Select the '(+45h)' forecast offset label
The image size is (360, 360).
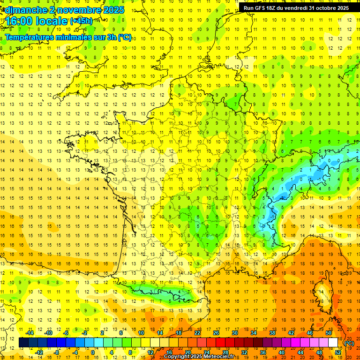point(81,21)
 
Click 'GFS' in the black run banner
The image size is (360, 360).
point(263,8)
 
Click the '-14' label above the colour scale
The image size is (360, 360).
point(30,333)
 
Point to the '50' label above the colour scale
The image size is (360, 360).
point(329,333)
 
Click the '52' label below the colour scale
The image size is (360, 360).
point(338,352)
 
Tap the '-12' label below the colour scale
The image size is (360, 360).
point(39,352)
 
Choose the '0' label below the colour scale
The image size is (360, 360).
point(93,352)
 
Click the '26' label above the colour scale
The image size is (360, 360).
point(216,333)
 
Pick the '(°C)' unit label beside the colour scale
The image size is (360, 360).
point(349,343)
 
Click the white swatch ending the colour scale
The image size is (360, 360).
point(333,343)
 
